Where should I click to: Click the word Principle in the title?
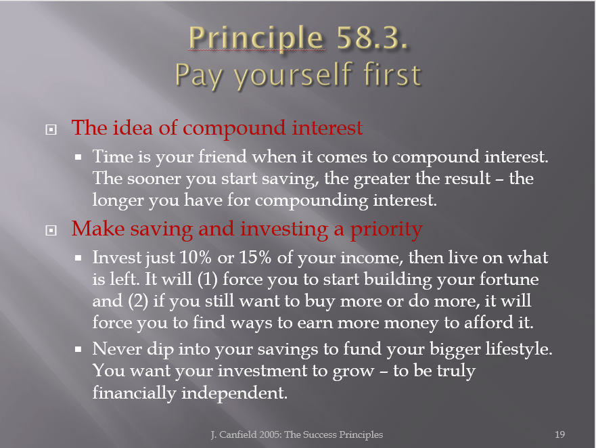click(256, 38)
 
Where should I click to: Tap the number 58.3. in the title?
click(372, 37)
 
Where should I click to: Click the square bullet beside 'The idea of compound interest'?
click(51, 130)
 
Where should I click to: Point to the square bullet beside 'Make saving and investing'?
click(51, 231)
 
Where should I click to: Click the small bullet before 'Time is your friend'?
click(78, 157)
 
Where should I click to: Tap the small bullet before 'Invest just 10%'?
click(78, 258)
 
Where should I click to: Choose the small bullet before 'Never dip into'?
click(78, 349)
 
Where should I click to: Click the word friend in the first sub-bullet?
click(223, 156)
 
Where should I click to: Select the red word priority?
click(386, 229)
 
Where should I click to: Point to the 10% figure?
click(196, 257)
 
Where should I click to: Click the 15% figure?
click(255, 257)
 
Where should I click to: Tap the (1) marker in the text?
click(207, 279)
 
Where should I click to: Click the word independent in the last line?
click(234, 393)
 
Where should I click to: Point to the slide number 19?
click(559, 434)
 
